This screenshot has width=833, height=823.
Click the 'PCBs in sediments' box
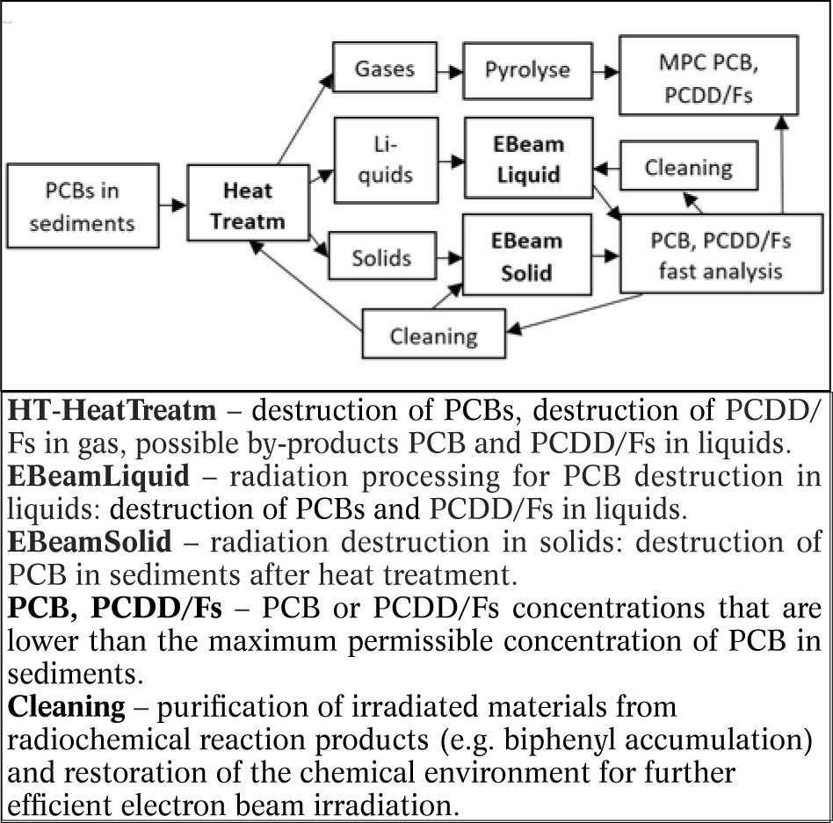[82, 206]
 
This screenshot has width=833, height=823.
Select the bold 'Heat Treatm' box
[248, 206]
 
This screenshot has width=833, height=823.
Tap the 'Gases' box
[385, 69]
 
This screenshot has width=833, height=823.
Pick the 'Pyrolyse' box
[527, 69]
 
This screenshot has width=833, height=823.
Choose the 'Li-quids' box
[385, 160]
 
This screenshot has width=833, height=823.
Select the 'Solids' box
[381, 257]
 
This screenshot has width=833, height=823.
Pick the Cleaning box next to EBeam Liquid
[688, 167]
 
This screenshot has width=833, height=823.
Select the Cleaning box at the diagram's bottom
[434, 335]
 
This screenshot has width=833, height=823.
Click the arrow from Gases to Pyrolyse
[450, 70]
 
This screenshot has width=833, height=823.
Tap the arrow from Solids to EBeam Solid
[450, 257]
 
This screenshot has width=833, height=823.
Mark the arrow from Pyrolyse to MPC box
[605, 70]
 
